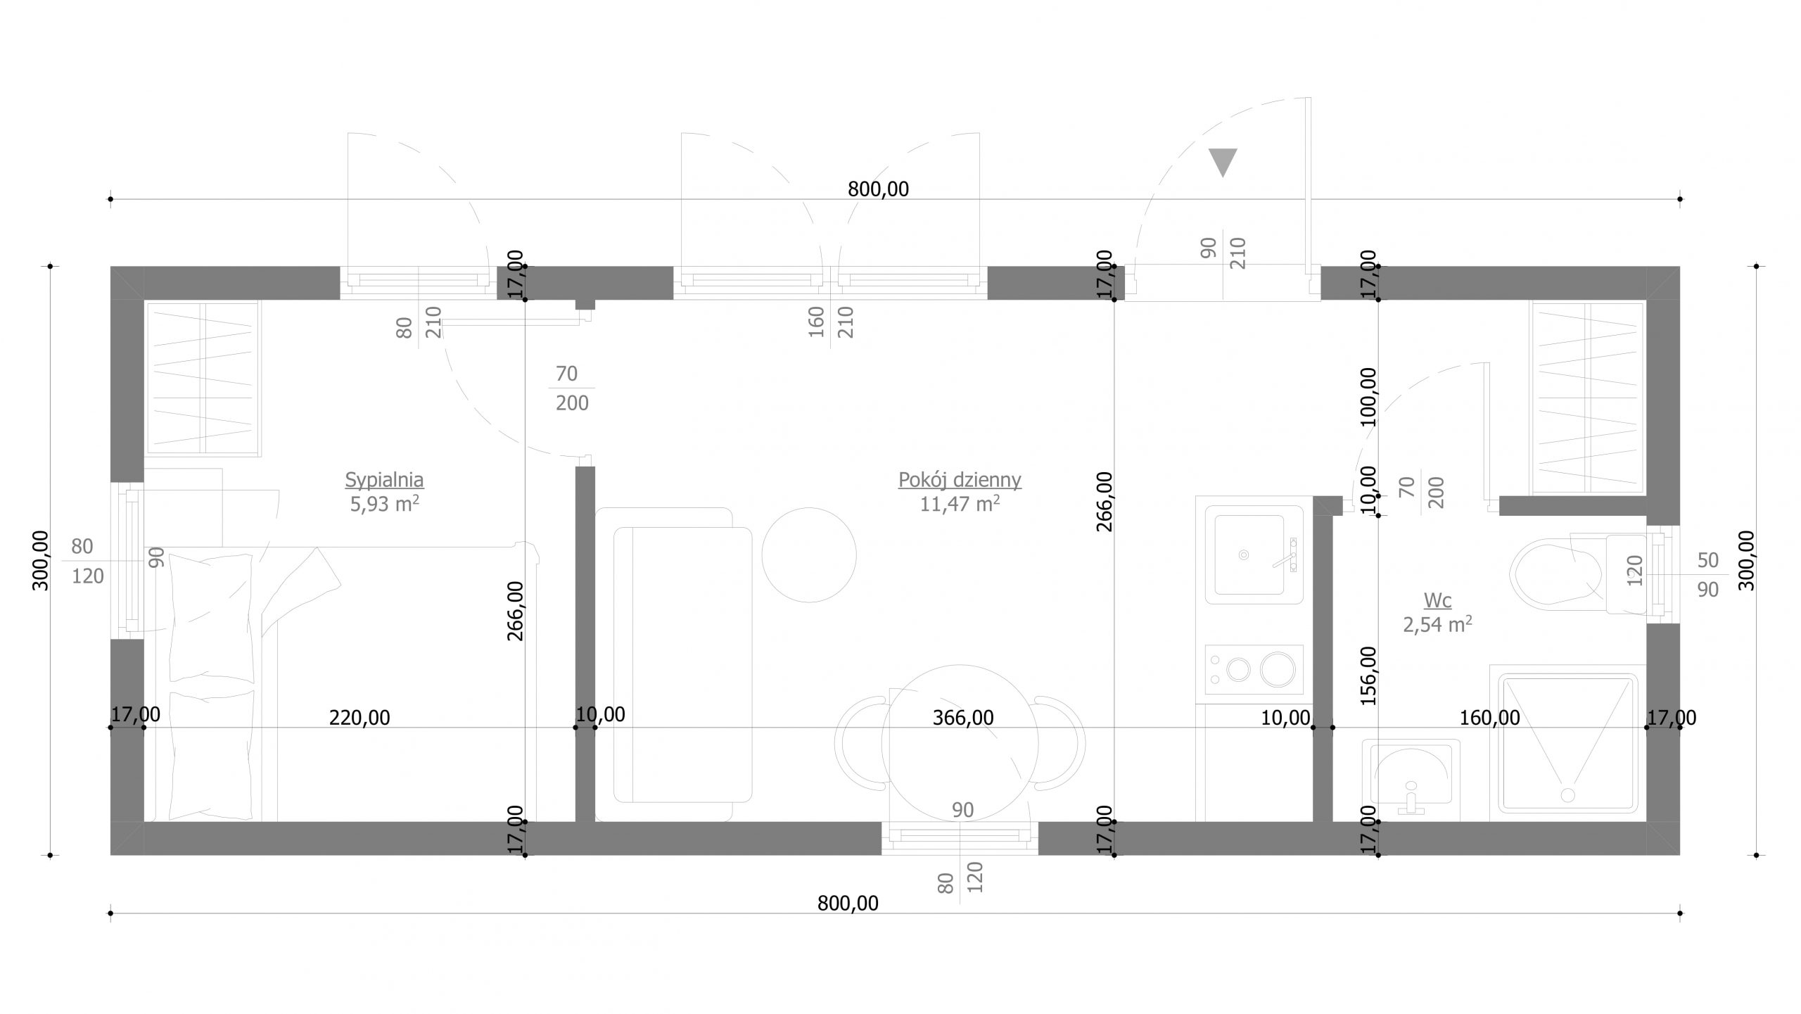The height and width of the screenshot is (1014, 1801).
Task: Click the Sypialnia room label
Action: pyautogui.click(x=384, y=480)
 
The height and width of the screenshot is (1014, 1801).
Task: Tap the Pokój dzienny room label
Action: pyautogui.click(x=960, y=480)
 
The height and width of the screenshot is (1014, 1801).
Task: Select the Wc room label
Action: pyautogui.click(x=1437, y=600)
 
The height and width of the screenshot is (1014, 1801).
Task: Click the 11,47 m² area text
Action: pyautogui.click(x=960, y=504)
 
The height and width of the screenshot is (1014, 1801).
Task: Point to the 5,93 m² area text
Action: pyautogui.click(x=384, y=504)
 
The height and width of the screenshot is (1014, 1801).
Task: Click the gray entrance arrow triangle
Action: pyautogui.click(x=1223, y=162)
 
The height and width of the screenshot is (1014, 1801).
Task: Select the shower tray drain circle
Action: pyautogui.click(x=1567, y=794)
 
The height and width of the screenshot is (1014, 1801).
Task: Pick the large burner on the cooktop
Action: pyautogui.click(x=1278, y=669)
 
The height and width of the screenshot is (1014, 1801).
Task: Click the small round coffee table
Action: pyautogui.click(x=809, y=554)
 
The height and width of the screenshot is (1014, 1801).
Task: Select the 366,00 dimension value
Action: pyautogui.click(x=962, y=718)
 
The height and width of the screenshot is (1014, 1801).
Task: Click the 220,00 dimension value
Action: pyautogui.click(x=359, y=718)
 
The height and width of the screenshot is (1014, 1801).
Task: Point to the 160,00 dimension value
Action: pyautogui.click(x=1489, y=718)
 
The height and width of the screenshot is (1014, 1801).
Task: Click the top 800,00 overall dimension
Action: pyautogui.click(x=878, y=189)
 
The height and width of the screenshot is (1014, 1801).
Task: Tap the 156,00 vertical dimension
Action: pyautogui.click(x=1368, y=676)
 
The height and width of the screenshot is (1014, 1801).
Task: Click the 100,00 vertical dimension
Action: pyautogui.click(x=1368, y=397)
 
